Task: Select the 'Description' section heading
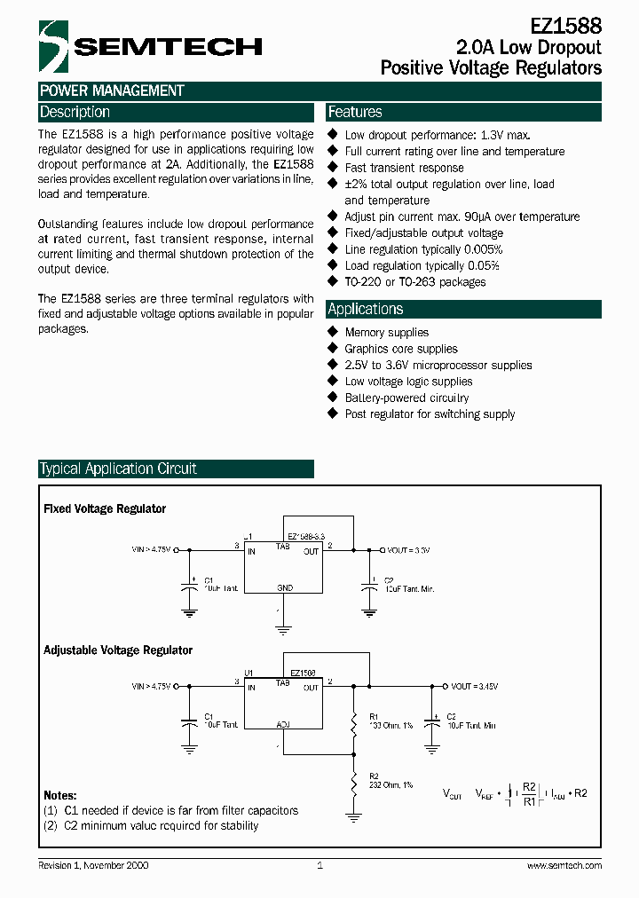[75, 113]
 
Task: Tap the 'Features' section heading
[355, 113]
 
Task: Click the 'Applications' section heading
[366, 309]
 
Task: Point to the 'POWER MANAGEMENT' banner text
[112, 91]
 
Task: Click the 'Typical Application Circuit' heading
[118, 469]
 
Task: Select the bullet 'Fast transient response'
[404, 168]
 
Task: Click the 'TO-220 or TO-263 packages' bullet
[414, 282]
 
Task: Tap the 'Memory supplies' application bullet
[386, 333]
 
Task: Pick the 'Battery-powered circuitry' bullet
[406, 398]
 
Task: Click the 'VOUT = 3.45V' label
[474, 687]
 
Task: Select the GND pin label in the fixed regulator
[284, 588]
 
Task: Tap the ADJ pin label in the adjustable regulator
[283, 725]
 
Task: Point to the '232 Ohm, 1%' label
[390, 785]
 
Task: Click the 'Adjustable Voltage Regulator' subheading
[118, 650]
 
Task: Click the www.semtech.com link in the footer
[564, 865]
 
